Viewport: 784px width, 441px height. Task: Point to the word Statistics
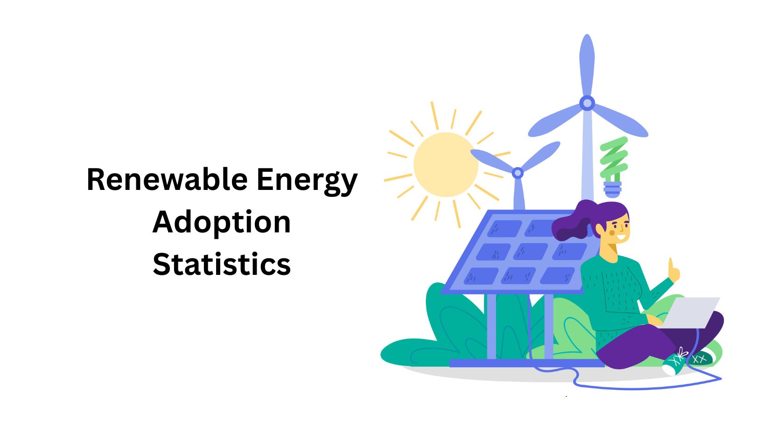coord(222,264)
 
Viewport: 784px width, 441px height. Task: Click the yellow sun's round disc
coord(446,164)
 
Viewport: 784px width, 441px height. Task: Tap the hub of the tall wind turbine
coord(587,103)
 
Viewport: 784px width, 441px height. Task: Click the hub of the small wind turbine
coord(518,173)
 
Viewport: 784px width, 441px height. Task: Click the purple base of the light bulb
coord(612,189)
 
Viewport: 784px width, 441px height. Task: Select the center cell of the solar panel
coord(530,251)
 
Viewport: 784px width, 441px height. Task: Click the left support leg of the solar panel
coord(491,326)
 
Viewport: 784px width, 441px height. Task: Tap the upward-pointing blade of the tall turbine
coord(587,65)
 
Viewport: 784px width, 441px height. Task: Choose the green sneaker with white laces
coord(674,362)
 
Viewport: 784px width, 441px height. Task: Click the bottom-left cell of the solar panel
coord(481,276)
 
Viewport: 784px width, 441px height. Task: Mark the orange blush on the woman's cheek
coord(612,233)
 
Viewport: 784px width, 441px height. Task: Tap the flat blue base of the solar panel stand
coord(526,363)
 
